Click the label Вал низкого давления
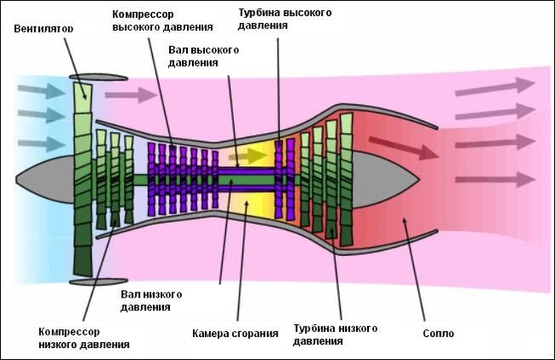[151, 299]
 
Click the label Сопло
[438, 333]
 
